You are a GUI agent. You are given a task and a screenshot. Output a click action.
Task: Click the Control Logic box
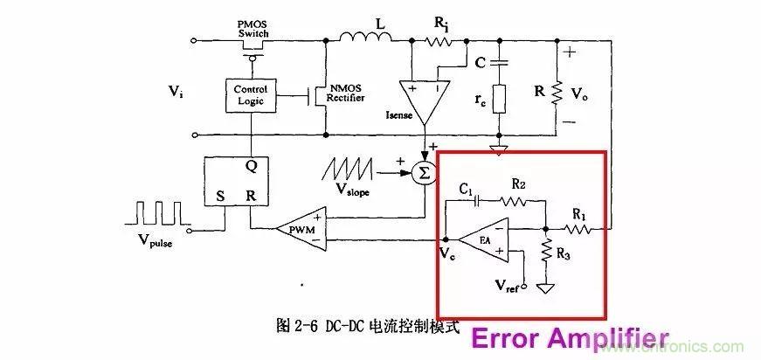(x=252, y=95)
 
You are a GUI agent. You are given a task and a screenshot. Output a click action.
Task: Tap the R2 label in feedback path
(x=519, y=185)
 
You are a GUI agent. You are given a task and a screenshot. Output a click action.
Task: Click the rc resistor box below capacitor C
(x=501, y=98)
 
